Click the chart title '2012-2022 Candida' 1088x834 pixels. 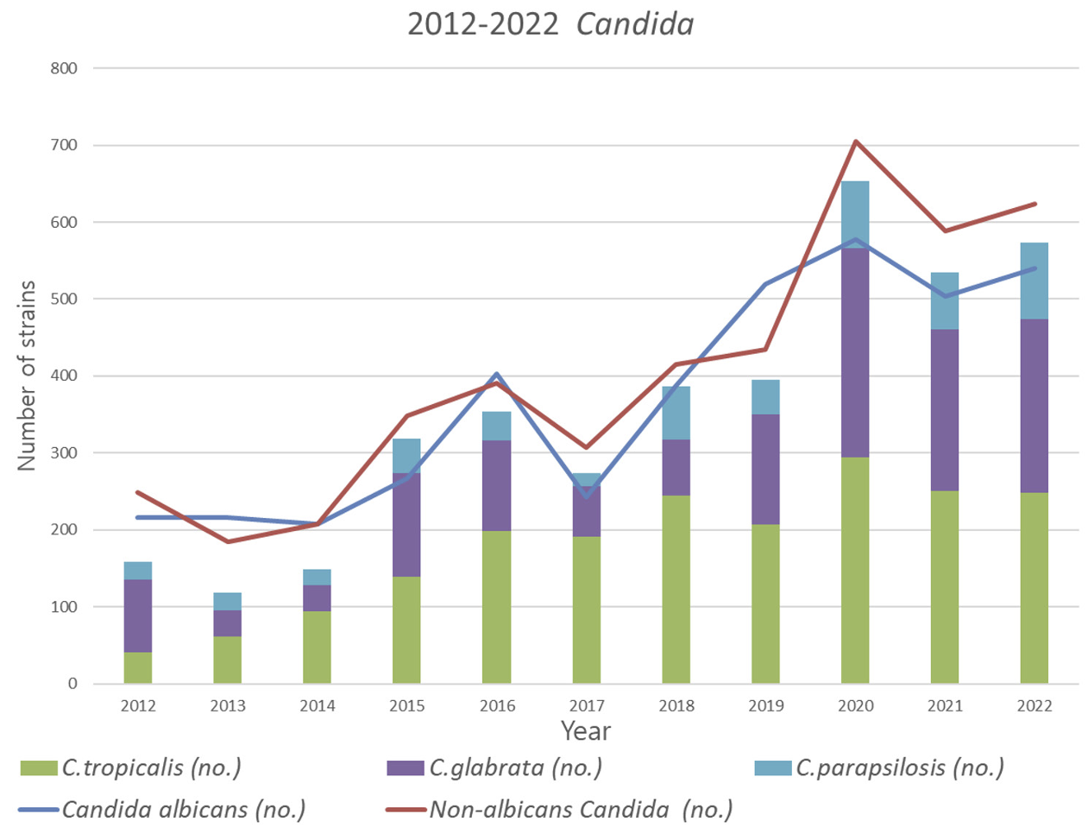(x=550, y=24)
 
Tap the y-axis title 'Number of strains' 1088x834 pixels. (x=28, y=376)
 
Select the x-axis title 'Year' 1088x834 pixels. (x=586, y=731)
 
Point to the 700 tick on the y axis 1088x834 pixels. (x=64, y=145)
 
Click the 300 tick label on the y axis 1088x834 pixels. (x=64, y=452)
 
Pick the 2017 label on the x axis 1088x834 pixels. (x=587, y=705)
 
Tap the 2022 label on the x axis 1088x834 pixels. (x=1034, y=705)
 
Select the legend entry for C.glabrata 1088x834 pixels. (x=495, y=768)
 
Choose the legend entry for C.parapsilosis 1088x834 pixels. (x=879, y=768)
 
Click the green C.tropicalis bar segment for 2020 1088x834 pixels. (x=855, y=570)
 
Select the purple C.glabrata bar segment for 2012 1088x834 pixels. (x=138, y=616)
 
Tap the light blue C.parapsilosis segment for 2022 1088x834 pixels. (x=1034, y=281)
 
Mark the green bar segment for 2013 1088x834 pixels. (x=228, y=660)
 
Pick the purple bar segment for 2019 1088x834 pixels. (x=765, y=469)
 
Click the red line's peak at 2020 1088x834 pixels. (x=855, y=141)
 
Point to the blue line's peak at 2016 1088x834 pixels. (x=497, y=374)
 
